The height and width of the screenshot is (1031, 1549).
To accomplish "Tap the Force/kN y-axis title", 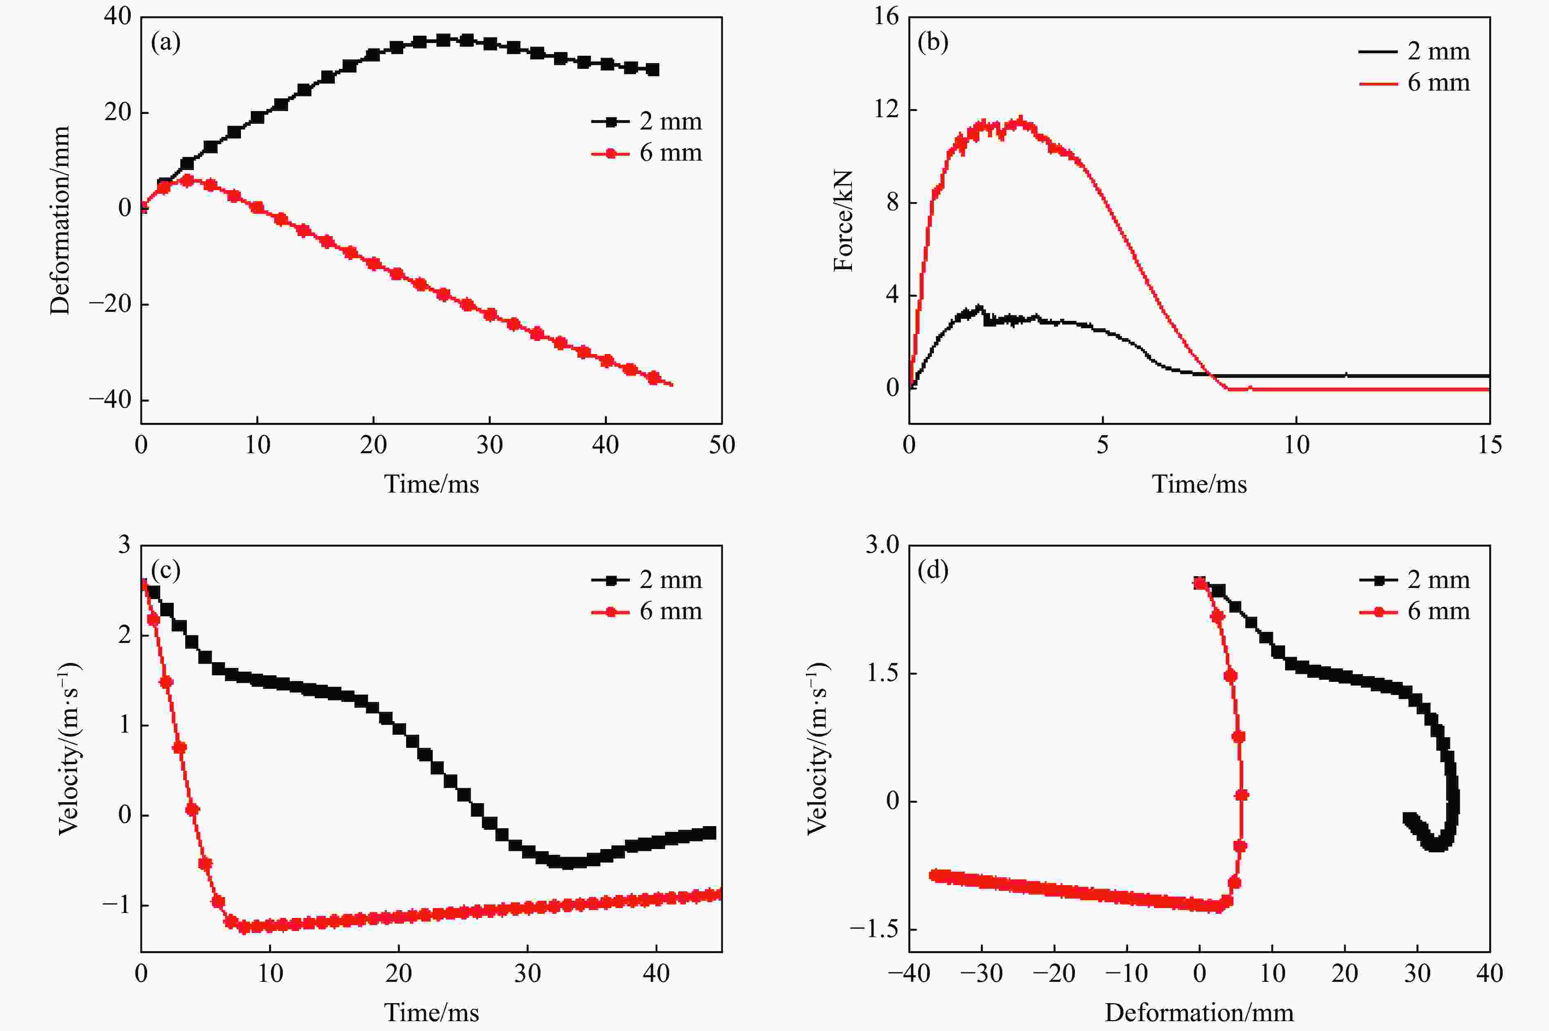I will point(843,220).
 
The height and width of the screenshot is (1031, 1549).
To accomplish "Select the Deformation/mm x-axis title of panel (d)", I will point(1199,1013).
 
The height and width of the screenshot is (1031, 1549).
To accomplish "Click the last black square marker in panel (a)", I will point(652,70).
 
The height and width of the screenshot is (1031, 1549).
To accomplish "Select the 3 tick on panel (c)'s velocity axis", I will point(124,545).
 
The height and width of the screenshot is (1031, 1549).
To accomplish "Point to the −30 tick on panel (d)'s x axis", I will point(981,973).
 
